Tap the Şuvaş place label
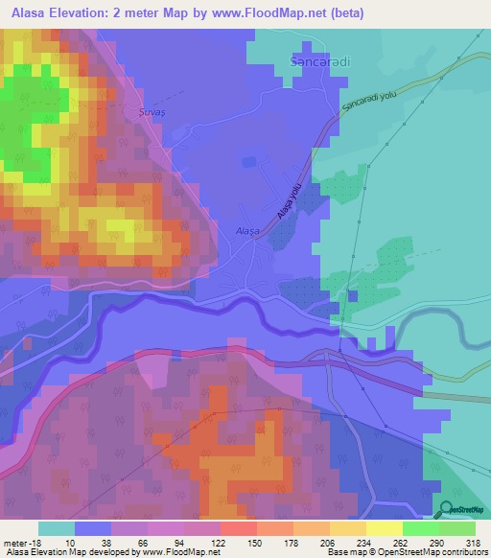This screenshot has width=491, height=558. [x=140, y=112]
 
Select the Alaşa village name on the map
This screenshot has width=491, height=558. [x=247, y=230]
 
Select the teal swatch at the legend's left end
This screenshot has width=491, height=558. [x=57, y=528]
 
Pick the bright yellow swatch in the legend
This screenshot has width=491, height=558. [x=385, y=528]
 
